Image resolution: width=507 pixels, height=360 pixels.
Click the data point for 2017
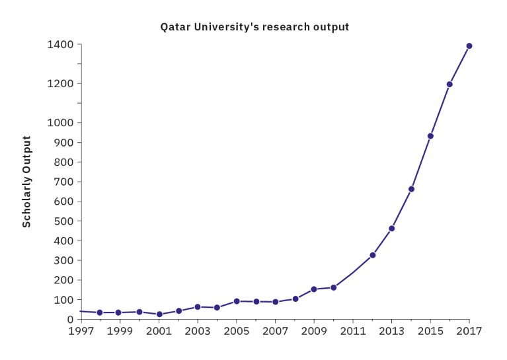[x=469, y=46]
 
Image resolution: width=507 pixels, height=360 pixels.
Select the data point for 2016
[x=449, y=84]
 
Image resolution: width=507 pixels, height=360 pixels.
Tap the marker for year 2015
[x=430, y=136]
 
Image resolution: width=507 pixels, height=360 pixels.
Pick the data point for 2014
[x=411, y=189]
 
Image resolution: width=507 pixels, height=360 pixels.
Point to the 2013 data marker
[x=392, y=229]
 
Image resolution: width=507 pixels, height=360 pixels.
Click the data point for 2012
[x=373, y=255]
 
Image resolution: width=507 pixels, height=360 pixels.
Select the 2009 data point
[x=314, y=289]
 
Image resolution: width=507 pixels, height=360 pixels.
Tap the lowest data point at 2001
[x=159, y=314]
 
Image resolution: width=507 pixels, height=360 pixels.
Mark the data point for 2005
[x=237, y=301]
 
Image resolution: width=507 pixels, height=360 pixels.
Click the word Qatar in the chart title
[x=174, y=27]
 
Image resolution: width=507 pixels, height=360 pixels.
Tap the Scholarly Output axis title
[x=27, y=182]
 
